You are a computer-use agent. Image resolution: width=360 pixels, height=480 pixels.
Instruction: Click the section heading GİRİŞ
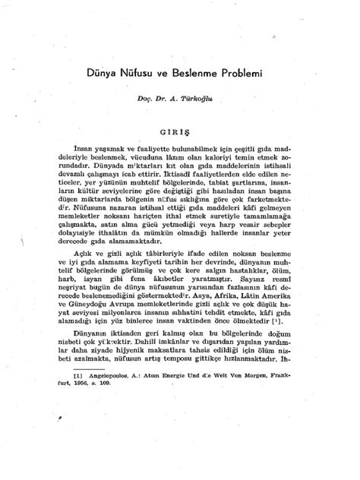(x=178, y=131)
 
